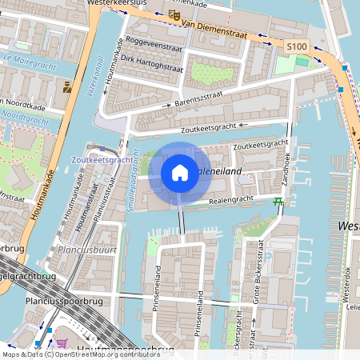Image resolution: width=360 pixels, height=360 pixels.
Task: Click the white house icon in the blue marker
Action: click(x=180, y=173)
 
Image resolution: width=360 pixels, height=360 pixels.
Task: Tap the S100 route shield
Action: click(x=297, y=48)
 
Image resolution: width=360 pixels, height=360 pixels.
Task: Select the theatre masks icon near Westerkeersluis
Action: click(x=174, y=14)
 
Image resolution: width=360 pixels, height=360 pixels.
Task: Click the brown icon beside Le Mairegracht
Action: click(x=66, y=87)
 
